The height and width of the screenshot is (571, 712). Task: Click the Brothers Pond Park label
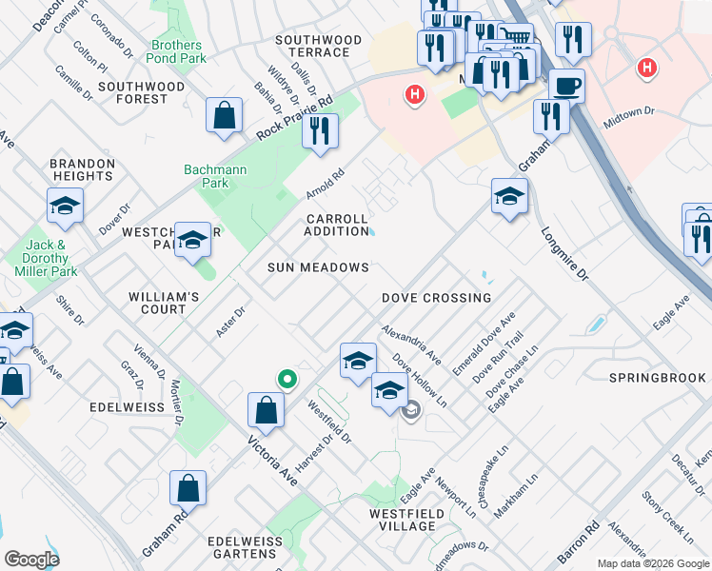[x=176, y=51]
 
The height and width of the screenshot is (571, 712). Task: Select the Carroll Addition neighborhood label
[x=337, y=225]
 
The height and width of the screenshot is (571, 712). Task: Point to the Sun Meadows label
[x=318, y=268]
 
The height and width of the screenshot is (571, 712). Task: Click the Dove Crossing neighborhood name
[x=436, y=298]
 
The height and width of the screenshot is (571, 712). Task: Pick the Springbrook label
[x=658, y=378]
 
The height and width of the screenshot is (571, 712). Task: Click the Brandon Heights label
[x=83, y=169]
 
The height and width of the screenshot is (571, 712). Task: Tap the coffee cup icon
[x=566, y=86]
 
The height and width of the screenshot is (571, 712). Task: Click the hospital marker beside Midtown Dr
[x=647, y=69]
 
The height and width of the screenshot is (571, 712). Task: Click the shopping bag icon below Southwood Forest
[x=224, y=116]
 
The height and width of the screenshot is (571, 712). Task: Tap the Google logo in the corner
[x=31, y=559]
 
